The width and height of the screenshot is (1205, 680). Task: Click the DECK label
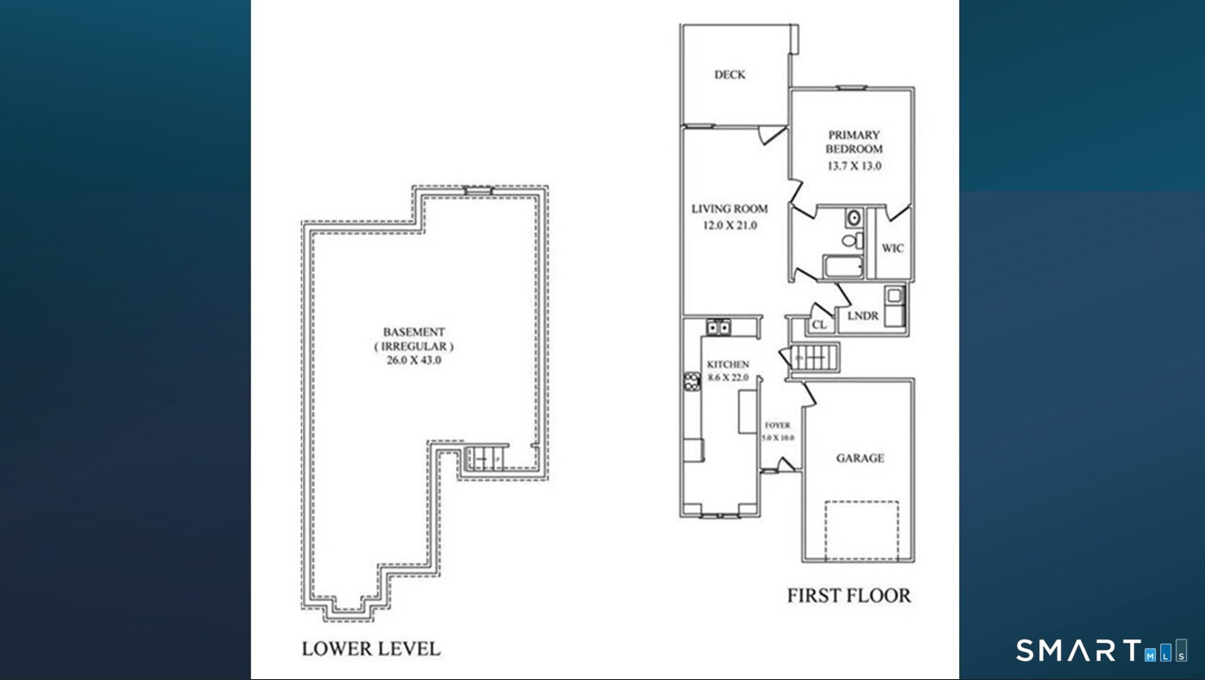coord(729,75)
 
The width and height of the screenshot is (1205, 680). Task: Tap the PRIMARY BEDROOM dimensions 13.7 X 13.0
coord(855,166)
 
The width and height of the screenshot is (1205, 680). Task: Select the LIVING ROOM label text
coord(729,209)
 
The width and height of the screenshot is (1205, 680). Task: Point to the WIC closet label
coord(893,248)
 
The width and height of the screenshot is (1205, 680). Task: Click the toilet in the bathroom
coord(852,240)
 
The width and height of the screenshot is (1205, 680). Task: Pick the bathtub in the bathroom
coord(843,267)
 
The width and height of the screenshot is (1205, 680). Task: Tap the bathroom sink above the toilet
coord(854,217)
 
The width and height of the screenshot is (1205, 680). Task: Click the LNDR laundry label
coord(863,316)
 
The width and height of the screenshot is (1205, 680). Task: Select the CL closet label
coord(819,325)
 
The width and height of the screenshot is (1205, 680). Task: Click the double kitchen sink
coord(718,327)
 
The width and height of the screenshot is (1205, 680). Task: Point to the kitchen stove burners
coord(691,381)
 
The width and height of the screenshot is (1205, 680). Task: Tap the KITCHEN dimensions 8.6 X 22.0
coord(728,378)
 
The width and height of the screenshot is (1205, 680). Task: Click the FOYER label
coord(778,425)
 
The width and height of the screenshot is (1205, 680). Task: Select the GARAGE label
coord(860,458)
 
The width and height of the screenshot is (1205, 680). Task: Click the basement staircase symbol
coord(486,458)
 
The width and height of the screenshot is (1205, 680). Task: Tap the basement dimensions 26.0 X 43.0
coord(413,361)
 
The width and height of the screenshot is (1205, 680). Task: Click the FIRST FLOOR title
coord(849,595)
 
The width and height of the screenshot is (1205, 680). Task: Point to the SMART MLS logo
coord(1101,650)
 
